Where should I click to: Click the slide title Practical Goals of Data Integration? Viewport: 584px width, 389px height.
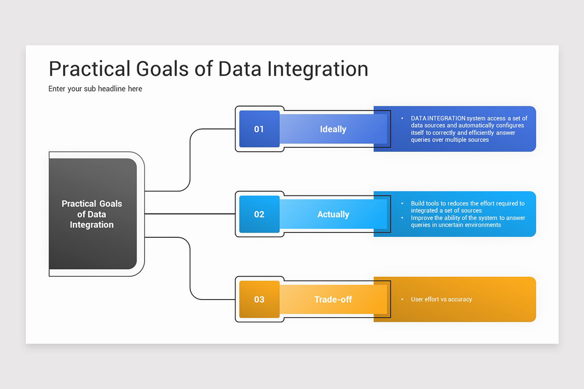tap(208, 69)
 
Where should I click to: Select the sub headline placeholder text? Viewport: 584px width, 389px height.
tap(95, 88)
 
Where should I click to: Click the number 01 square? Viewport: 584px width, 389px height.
tap(259, 129)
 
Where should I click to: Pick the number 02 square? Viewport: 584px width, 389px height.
tap(259, 214)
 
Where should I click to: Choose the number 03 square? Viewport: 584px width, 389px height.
tap(259, 300)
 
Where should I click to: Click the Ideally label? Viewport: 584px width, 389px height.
tap(333, 129)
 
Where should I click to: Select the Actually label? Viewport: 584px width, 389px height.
tap(333, 214)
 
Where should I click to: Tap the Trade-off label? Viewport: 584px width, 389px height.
tap(333, 300)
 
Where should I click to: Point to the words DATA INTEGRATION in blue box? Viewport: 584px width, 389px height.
tap(438, 118)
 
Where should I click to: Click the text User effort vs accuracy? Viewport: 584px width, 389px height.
tap(441, 300)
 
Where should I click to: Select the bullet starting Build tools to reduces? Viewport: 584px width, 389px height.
tap(467, 207)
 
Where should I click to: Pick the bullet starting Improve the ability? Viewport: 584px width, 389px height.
tap(467, 222)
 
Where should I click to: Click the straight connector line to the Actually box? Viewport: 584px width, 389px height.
tap(190, 213)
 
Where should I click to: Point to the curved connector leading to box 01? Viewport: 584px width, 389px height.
tap(190, 160)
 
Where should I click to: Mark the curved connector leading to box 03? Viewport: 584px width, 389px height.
tap(190, 267)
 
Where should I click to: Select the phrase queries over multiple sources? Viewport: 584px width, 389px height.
tap(450, 140)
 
